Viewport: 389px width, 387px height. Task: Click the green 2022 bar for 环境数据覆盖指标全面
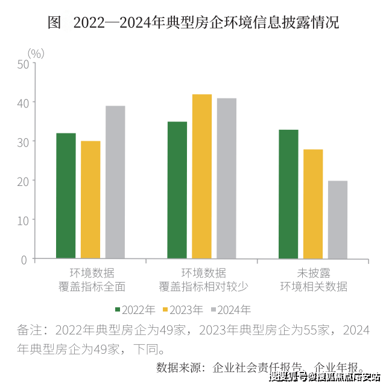pyautogui.click(x=66, y=196)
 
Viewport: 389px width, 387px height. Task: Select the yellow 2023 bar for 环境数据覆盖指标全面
pyautogui.click(x=90, y=200)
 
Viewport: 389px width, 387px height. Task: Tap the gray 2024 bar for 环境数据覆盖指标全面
pyautogui.click(x=115, y=182)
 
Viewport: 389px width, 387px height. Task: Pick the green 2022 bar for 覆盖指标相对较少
pyautogui.click(x=177, y=190)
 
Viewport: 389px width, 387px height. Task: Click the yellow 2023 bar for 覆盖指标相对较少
pyautogui.click(x=202, y=177)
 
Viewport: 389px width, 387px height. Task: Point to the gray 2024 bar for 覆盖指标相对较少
pyautogui.click(x=227, y=179)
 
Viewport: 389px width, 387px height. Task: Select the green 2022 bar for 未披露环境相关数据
pyautogui.click(x=288, y=194)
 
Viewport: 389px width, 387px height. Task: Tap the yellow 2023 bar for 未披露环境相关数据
pyautogui.click(x=313, y=204)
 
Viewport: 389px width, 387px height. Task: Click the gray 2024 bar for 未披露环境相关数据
pyautogui.click(x=338, y=220)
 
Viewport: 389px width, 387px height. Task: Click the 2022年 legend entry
pyautogui.click(x=133, y=310)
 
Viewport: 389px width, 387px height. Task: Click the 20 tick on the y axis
pyautogui.click(x=23, y=181)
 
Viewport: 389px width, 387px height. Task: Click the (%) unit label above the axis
pyautogui.click(x=36, y=53)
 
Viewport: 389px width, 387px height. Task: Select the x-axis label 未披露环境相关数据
pyautogui.click(x=314, y=279)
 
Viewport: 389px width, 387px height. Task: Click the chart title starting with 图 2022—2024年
pyautogui.click(x=194, y=23)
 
